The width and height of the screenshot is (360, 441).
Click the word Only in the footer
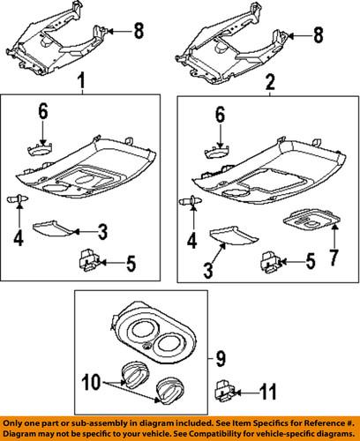[18, 421]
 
